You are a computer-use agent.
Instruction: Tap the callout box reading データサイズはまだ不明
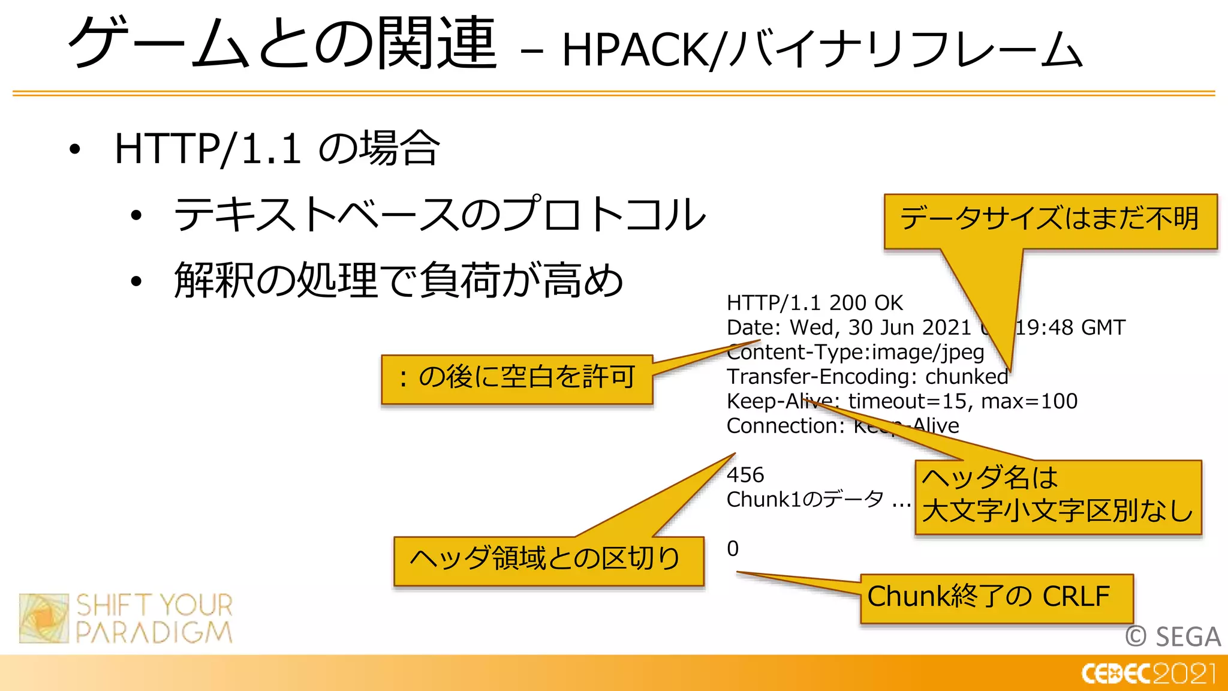(x=1050, y=220)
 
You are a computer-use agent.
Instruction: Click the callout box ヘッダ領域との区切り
(x=547, y=560)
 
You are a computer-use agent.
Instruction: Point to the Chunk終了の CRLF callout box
(x=995, y=597)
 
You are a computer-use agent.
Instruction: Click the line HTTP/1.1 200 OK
(x=814, y=304)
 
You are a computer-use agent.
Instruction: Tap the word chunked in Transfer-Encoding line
(x=967, y=377)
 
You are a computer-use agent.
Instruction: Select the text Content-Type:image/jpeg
(x=855, y=352)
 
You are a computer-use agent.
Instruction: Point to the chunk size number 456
(x=745, y=475)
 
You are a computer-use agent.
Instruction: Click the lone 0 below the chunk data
(x=733, y=549)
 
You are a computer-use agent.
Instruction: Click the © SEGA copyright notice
(x=1172, y=636)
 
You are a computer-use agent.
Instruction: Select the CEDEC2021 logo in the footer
(x=1148, y=674)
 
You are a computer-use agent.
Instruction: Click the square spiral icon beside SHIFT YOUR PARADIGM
(x=44, y=618)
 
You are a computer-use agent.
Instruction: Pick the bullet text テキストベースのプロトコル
(x=440, y=215)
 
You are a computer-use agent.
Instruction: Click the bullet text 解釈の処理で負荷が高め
(x=398, y=281)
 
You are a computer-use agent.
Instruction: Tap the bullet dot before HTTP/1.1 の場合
(x=74, y=149)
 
